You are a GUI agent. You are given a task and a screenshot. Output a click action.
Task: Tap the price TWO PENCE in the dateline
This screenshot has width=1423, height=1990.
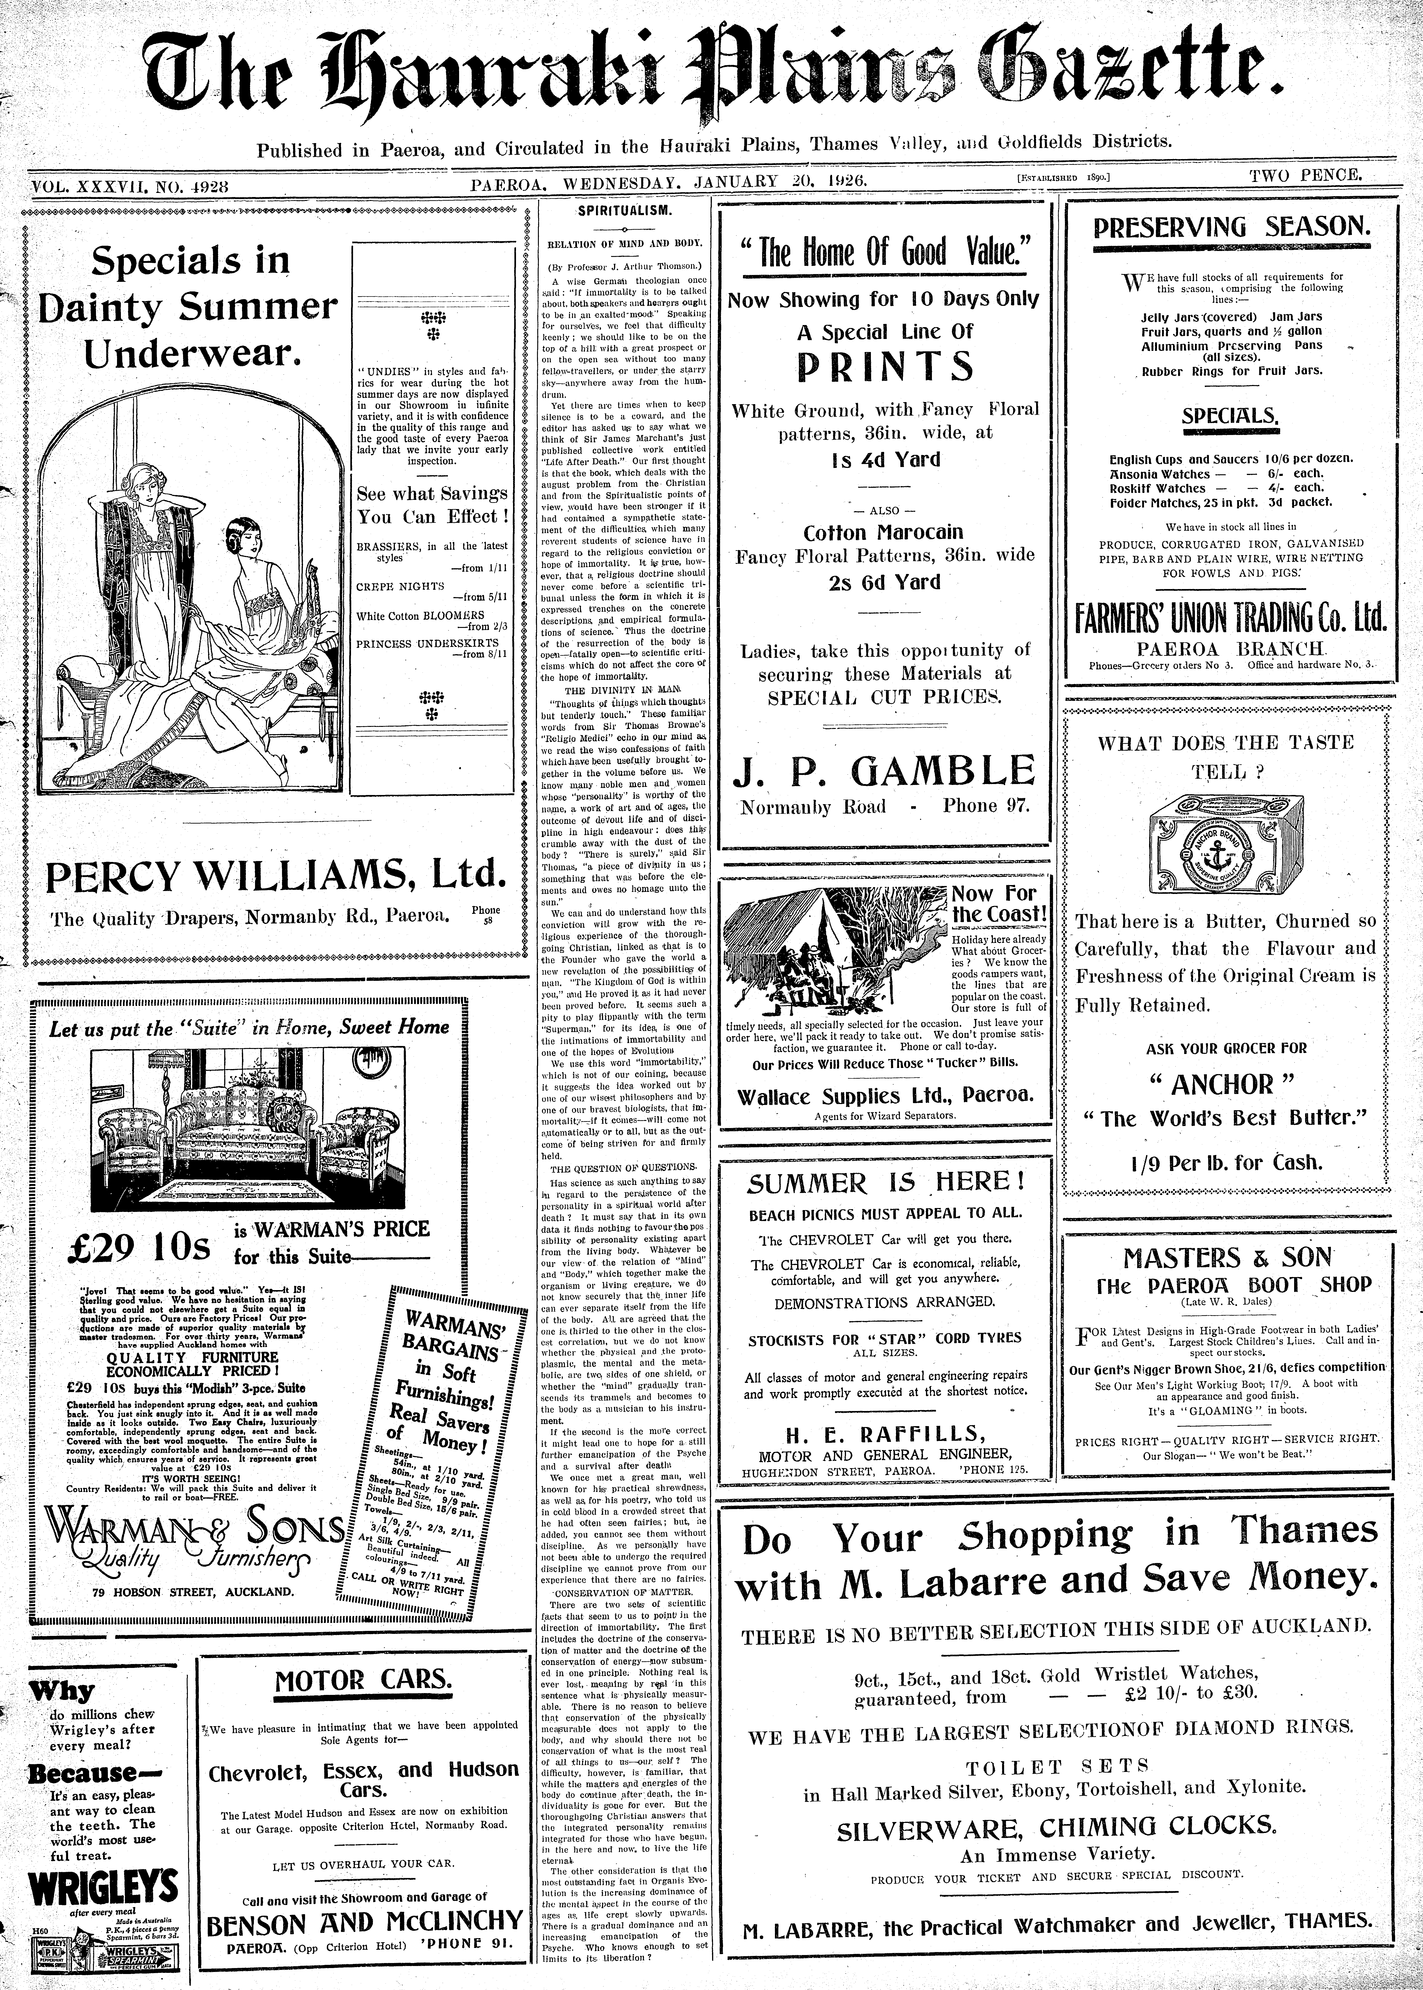coord(1306,175)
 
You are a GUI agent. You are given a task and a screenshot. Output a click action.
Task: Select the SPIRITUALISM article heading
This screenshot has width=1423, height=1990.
coord(625,212)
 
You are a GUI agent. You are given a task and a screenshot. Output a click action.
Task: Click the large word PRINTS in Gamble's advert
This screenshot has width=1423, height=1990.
coord(885,366)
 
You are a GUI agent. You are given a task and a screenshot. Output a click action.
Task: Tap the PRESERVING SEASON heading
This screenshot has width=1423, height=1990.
coord(1231,228)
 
